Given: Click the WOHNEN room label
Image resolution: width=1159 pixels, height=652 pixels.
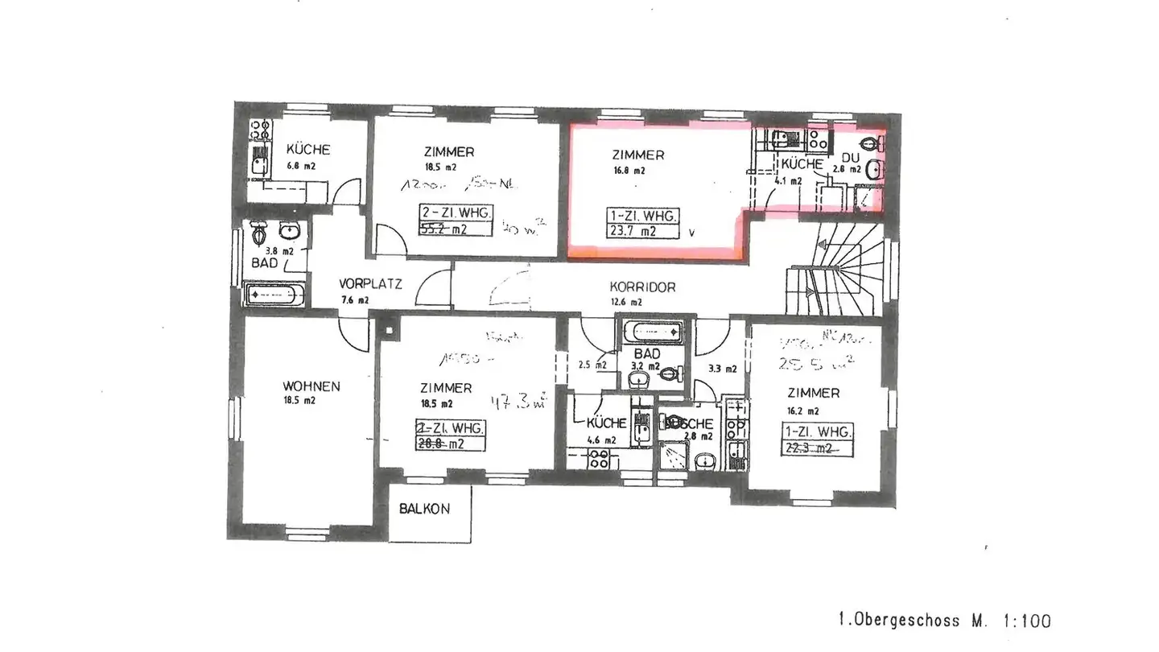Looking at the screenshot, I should click(x=311, y=386).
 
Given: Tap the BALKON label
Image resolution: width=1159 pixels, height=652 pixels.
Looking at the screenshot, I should click(x=424, y=509).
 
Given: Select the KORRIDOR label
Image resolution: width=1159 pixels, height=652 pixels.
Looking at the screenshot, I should click(x=641, y=287).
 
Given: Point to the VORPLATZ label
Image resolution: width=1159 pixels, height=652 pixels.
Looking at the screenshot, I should click(x=370, y=283).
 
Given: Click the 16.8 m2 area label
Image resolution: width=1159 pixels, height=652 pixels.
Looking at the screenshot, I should click(x=628, y=171).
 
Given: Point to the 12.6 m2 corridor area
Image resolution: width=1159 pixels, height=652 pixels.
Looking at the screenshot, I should click(x=625, y=303).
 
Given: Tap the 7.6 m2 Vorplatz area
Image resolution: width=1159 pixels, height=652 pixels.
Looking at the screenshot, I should click(x=355, y=300).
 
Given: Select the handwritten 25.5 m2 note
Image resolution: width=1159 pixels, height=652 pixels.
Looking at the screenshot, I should click(x=808, y=363).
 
